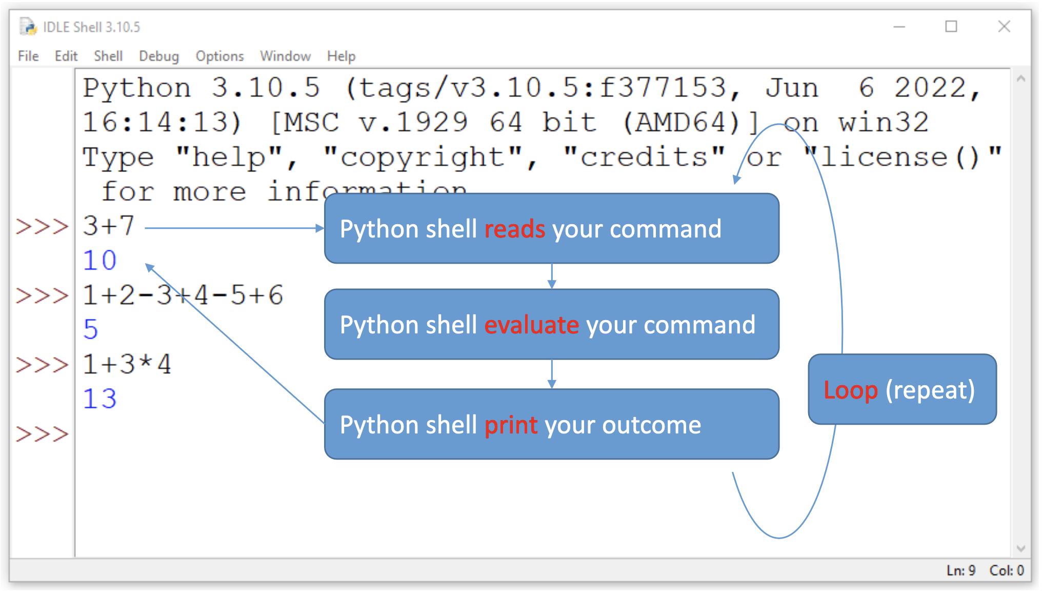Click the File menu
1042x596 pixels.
28,56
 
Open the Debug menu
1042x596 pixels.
159,56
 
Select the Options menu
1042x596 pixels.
219,56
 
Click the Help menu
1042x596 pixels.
341,56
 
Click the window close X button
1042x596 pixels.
1004,27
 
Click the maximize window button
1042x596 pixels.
951,27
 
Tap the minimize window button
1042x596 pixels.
899,27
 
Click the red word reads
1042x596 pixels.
514,229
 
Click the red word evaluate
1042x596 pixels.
531,325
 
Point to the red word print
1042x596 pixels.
511,425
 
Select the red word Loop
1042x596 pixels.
850,390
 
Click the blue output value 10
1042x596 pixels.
100,261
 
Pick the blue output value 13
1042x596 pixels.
100,399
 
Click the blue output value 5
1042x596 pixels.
91,330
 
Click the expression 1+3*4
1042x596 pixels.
127,365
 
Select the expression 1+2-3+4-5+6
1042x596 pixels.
183,295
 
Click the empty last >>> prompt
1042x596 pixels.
42,434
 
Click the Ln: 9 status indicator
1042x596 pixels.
960,570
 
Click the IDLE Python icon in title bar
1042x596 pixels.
28,27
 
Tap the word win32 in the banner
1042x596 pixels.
883,123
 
